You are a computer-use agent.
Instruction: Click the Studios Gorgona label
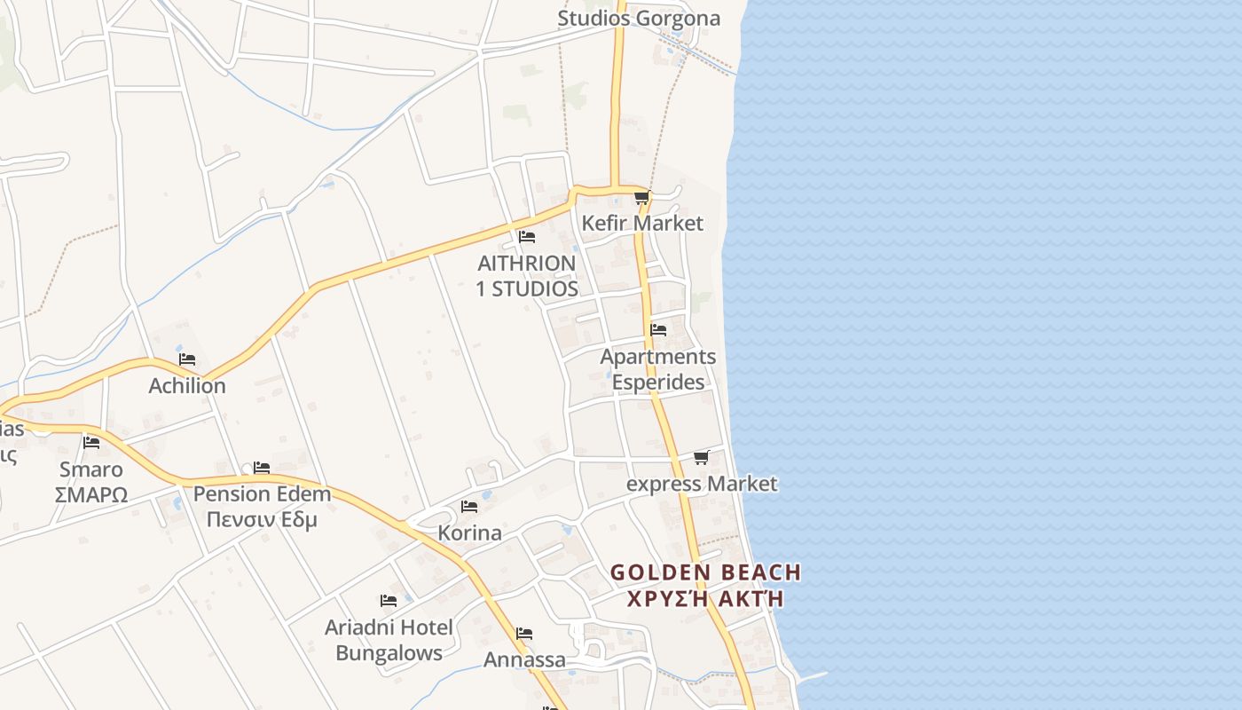coord(639,19)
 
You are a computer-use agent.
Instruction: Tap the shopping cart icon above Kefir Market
coord(641,198)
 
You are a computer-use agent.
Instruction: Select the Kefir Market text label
coord(642,223)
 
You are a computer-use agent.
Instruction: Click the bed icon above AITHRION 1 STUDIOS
coord(527,237)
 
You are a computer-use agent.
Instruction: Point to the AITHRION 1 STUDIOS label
coord(527,276)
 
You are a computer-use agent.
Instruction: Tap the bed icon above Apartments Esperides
coord(658,329)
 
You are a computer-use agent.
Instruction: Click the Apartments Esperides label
coord(657,369)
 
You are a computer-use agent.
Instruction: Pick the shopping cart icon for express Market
coord(701,458)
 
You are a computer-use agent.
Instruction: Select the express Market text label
coord(702,484)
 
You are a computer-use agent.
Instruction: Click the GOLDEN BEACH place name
coord(705,572)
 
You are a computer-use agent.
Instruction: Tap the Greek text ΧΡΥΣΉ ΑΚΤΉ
coord(705,598)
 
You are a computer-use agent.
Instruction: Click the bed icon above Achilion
coord(187,359)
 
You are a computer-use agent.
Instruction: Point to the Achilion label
coord(187,386)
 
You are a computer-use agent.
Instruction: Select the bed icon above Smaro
coord(91,442)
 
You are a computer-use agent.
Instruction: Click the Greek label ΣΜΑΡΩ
coord(91,495)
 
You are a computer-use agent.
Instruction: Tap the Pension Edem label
coord(262,494)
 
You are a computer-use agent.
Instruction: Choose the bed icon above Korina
coord(469,507)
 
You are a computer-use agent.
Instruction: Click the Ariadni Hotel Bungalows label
coord(389,640)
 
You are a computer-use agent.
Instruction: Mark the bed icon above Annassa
coord(524,634)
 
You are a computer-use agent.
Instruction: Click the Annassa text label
coord(524,659)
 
